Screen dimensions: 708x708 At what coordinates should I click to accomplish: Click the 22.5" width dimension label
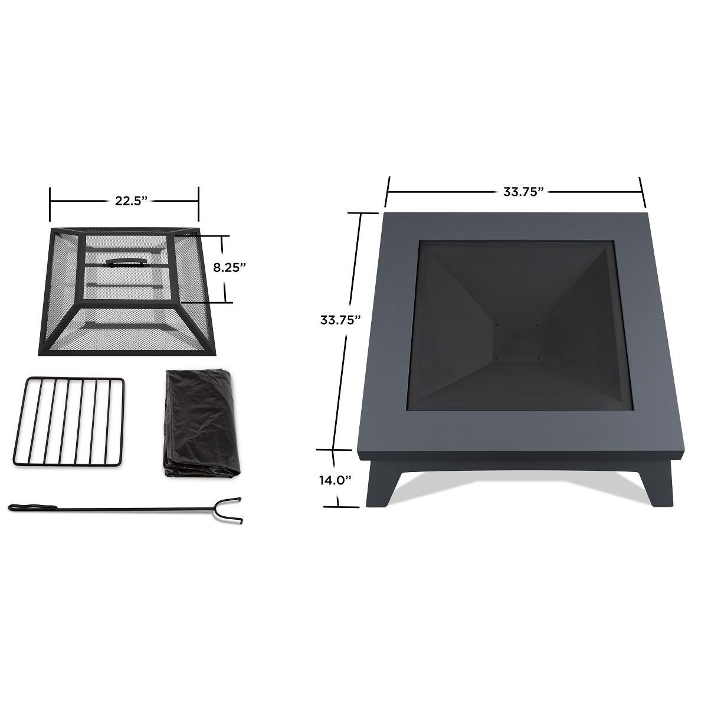click(130, 201)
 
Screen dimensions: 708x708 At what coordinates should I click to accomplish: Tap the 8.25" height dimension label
click(229, 267)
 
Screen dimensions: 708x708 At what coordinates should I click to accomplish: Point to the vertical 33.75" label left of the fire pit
click(340, 320)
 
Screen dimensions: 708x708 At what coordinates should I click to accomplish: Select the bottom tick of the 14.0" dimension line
click(339, 506)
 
